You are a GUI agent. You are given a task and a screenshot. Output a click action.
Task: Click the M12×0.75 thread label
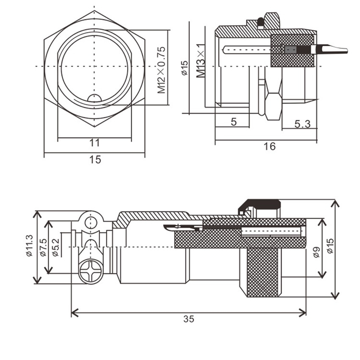click(161, 70)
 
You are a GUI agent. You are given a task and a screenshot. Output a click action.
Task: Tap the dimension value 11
click(94, 143)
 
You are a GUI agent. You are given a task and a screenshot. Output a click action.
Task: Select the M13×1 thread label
click(200, 61)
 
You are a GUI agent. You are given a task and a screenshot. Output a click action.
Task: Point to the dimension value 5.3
click(302, 124)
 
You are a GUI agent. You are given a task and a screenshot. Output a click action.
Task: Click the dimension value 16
click(269, 146)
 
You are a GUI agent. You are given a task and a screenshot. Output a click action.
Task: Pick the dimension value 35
click(189, 318)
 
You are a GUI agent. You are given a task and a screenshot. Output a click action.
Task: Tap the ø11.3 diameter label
click(30, 245)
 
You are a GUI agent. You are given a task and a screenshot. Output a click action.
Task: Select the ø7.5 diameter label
click(43, 247)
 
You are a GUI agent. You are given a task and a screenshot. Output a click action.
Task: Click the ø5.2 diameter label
click(55, 247)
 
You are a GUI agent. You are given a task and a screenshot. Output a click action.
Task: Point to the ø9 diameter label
click(317, 252)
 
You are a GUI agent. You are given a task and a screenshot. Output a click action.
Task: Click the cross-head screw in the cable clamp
click(91, 272)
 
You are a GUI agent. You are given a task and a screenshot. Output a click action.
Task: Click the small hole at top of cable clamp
click(91, 222)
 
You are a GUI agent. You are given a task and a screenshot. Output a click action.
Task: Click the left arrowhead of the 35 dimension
click(75, 313)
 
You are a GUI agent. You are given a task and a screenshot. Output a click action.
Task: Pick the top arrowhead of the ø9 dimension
click(322, 222)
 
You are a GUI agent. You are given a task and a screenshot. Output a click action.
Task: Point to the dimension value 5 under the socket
click(233, 122)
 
